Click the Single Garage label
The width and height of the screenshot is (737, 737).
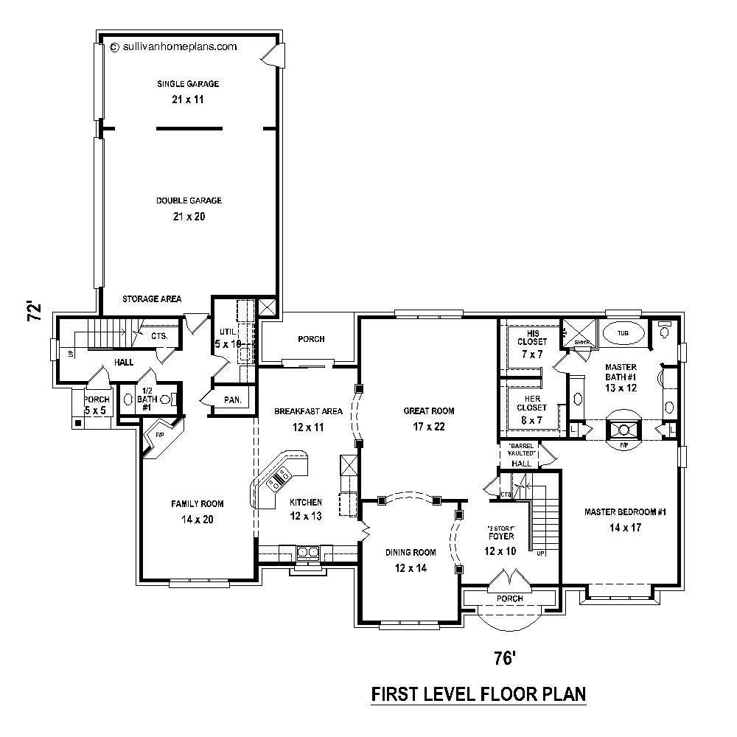(x=187, y=84)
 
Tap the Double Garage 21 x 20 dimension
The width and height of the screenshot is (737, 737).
(x=189, y=217)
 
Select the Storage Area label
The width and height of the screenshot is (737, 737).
(x=152, y=298)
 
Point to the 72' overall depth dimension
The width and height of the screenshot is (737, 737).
(x=32, y=311)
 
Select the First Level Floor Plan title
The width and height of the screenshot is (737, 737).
(x=478, y=694)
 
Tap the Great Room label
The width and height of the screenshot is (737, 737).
(x=428, y=411)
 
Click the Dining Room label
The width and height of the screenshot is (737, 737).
(x=411, y=552)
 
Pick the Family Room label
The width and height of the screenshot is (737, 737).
(x=197, y=504)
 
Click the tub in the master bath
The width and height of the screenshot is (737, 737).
(x=623, y=334)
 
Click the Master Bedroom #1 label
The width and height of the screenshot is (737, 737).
(x=625, y=512)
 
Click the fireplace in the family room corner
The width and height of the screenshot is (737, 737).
(x=158, y=437)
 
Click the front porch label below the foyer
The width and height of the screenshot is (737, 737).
(x=510, y=598)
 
